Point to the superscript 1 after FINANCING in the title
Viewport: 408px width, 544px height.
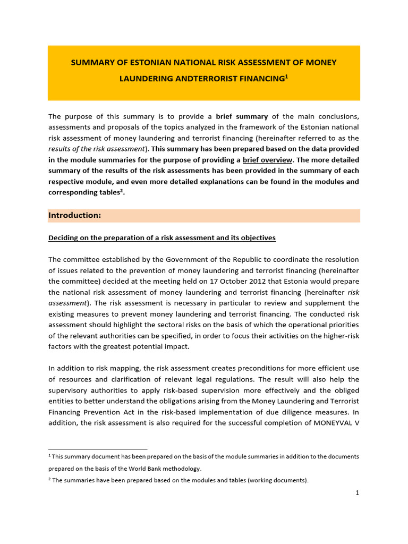[286, 76]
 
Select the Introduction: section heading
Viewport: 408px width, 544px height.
[74, 215]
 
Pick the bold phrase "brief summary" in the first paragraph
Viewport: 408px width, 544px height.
[242, 116]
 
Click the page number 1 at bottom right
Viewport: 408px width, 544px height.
[358, 493]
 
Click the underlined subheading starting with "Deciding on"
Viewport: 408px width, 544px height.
[162, 237]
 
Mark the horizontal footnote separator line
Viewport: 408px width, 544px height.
[98, 449]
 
